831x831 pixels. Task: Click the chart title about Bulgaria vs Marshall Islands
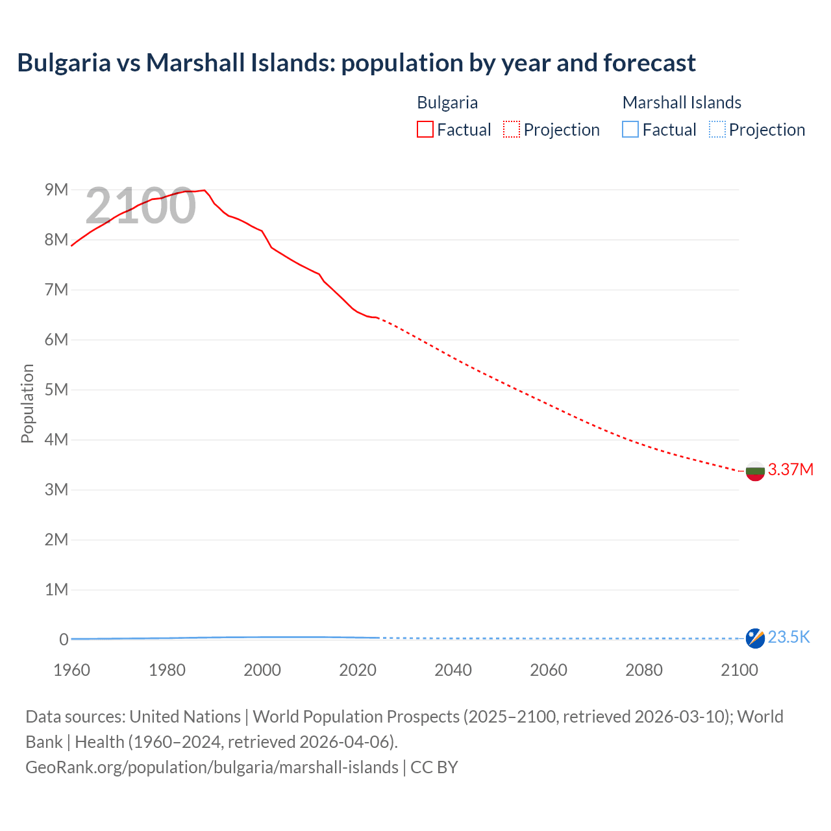click(x=356, y=63)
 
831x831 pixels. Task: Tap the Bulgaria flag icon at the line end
click(x=755, y=471)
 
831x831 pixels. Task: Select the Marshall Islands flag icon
click(x=755, y=638)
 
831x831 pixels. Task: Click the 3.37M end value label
click(x=790, y=469)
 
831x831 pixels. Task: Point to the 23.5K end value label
click(x=789, y=637)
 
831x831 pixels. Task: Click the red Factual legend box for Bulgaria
click(x=425, y=130)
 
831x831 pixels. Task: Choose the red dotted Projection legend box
click(x=512, y=130)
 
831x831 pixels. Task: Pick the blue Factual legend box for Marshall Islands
click(x=630, y=130)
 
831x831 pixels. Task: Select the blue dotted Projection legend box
click(x=717, y=130)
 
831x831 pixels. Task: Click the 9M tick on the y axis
click(x=56, y=190)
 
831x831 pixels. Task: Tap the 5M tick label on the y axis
click(x=56, y=390)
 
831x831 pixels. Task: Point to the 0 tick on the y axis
click(x=64, y=639)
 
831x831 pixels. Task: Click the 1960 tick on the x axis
click(x=72, y=670)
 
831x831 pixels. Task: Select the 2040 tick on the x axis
click(x=453, y=670)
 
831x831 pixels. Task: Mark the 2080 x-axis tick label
click(x=644, y=670)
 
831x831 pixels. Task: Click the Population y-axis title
click(x=27, y=403)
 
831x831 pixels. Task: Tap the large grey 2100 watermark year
click(x=140, y=206)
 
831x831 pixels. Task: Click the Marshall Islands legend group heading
click(x=682, y=103)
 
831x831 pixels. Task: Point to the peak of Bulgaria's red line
click(x=205, y=190)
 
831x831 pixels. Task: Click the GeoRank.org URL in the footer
click(x=212, y=767)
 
